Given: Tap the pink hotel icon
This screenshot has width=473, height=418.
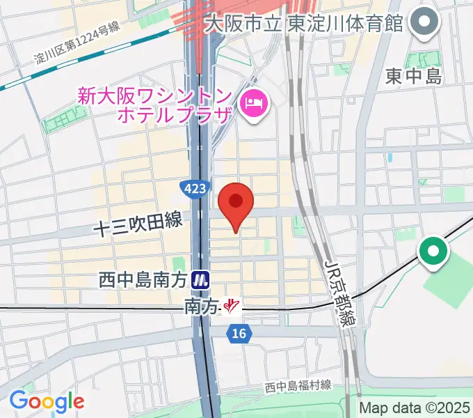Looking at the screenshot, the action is point(252,104).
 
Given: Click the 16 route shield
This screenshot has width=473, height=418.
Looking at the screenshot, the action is point(239,334).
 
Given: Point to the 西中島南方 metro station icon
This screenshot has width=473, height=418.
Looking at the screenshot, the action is point(202,280).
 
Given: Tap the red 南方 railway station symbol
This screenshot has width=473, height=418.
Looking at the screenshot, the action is point(232,304).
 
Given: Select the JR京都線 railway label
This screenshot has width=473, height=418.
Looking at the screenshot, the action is point(340,293).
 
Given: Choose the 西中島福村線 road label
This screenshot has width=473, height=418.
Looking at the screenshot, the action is point(297,385).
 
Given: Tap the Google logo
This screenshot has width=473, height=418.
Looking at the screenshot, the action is point(47,401).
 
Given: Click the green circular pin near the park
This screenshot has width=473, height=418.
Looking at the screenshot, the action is point(433,251).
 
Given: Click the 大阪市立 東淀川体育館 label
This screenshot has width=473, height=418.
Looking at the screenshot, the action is point(304,23).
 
